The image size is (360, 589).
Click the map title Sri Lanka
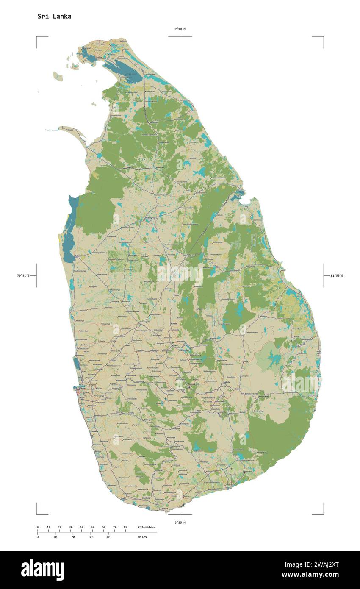pyautogui.click(x=54, y=17)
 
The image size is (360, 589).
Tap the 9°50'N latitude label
pyautogui.click(x=180, y=29)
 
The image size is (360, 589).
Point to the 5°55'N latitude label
pyautogui.click(x=180, y=522)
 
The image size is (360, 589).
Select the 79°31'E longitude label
pyautogui.click(x=23, y=275)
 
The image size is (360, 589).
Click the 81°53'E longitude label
pyautogui.click(x=337, y=275)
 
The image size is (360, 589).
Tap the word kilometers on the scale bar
pyautogui.click(x=147, y=527)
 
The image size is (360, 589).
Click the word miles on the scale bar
pyautogui.click(x=142, y=537)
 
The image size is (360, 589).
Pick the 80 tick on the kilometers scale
pyautogui.click(x=125, y=527)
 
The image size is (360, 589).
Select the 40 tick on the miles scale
pyautogui.click(x=108, y=537)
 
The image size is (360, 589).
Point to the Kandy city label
pyautogui.click(x=174, y=346)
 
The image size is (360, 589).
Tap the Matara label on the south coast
pyautogui.click(x=165, y=508)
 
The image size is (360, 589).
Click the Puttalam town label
pyautogui.click(x=79, y=256)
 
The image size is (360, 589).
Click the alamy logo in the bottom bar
pyautogui.click(x=42, y=570)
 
